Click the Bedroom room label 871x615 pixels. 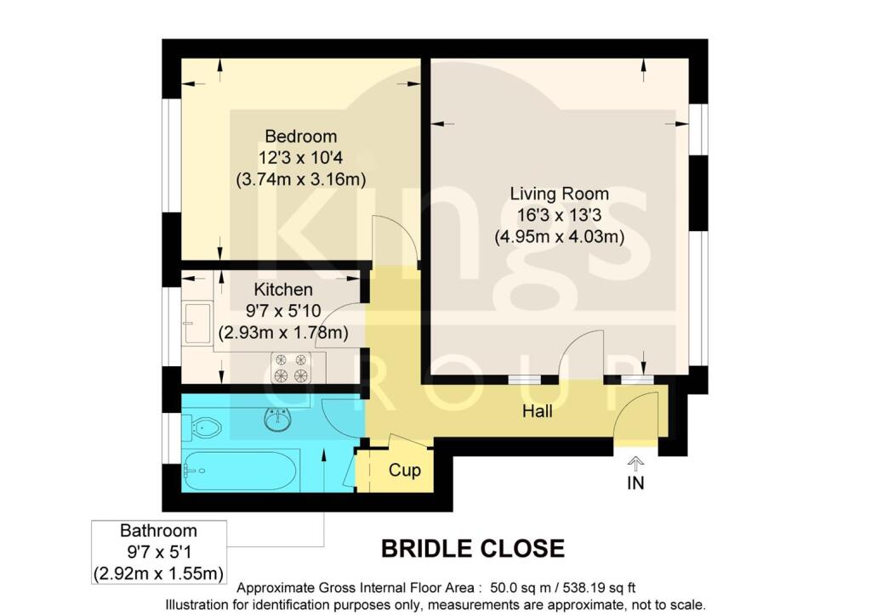[x=300, y=136]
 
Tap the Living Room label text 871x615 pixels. [x=559, y=194]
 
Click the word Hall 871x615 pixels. [x=538, y=412]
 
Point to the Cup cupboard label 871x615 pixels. [x=404, y=470]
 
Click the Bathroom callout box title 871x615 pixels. [x=158, y=531]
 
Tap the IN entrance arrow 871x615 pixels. [x=635, y=463]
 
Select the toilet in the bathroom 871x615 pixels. [x=205, y=426]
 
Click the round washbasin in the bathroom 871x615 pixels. [x=277, y=419]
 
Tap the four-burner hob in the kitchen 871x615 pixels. [x=289, y=366]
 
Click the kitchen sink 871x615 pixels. [x=199, y=323]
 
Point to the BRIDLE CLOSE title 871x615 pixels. [x=472, y=549]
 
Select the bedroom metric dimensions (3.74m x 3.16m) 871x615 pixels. [x=300, y=178]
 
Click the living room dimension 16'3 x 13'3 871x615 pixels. [x=559, y=216]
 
